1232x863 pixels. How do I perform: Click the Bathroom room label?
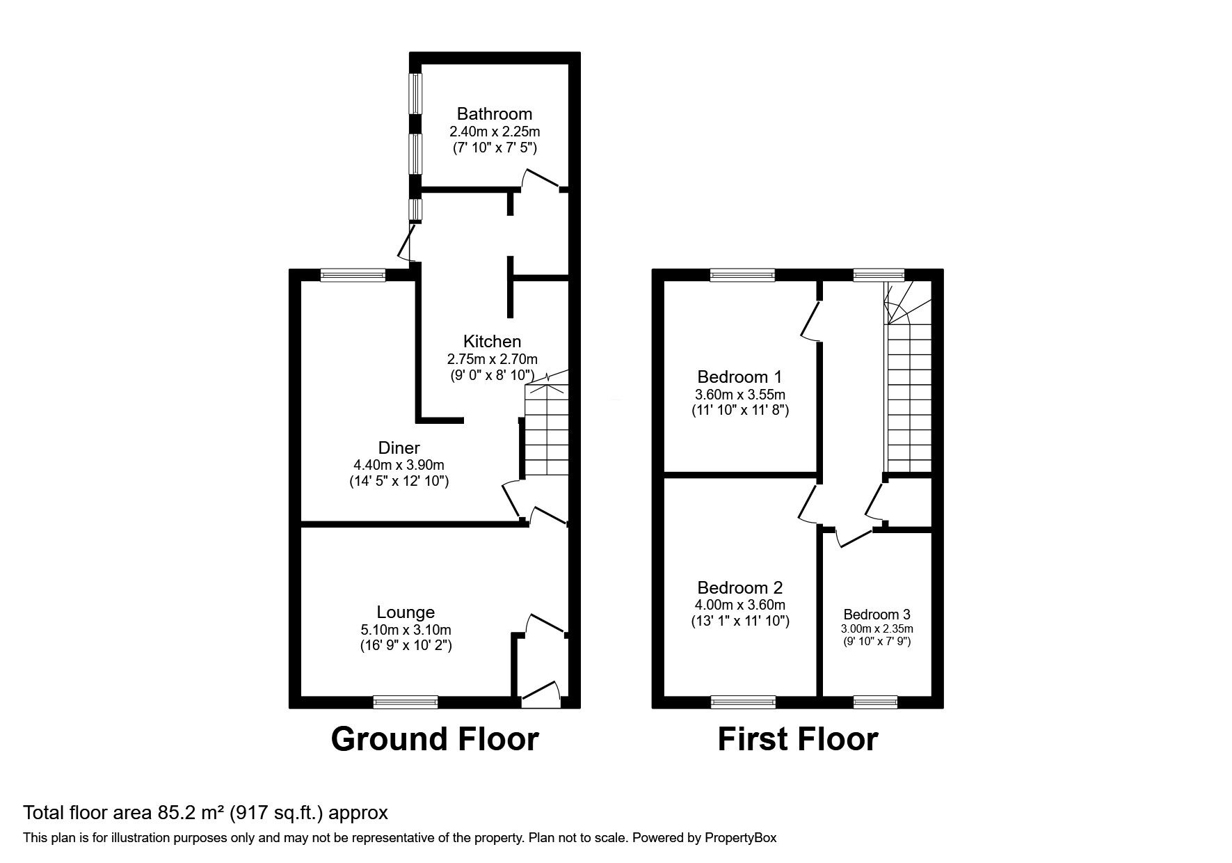494,113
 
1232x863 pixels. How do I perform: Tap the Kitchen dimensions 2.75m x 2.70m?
492,359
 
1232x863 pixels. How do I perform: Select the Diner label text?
399,448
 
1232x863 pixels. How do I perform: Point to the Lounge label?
406,612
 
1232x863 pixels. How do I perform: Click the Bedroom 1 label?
739,377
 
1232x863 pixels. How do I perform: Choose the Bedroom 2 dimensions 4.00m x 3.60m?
740,605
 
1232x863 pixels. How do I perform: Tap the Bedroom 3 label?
877,615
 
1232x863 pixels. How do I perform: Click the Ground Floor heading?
434,739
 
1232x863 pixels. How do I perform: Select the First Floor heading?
797,739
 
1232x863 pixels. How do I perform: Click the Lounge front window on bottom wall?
406,702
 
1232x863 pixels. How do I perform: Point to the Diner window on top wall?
353,276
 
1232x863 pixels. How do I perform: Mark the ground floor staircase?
547,431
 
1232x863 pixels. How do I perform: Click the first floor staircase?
909,390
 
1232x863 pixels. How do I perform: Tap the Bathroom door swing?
541,179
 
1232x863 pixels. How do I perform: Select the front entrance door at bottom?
541,695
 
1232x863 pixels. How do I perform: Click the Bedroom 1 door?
810,320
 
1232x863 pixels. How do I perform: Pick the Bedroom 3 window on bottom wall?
875,702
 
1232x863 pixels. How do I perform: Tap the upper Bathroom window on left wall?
415,93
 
